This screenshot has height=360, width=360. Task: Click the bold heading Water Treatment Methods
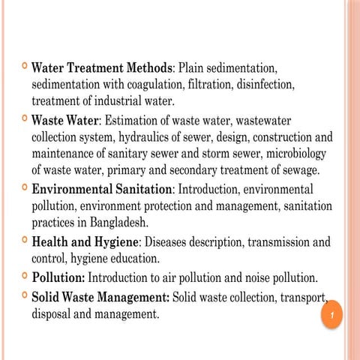(102, 67)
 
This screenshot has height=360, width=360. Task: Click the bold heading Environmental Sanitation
(102, 190)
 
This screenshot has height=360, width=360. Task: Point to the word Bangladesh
(115, 223)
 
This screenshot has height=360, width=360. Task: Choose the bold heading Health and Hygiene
(85, 242)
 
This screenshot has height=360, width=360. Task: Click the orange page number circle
(331, 315)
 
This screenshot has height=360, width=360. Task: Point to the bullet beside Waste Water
(22, 118)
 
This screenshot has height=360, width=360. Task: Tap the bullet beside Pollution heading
(22, 276)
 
